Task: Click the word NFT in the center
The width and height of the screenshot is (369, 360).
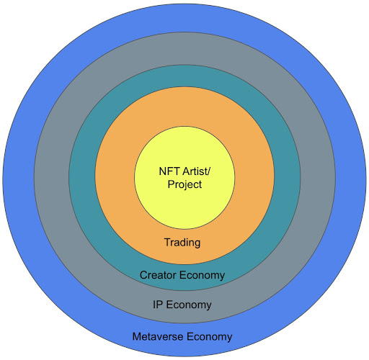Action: click(x=169, y=171)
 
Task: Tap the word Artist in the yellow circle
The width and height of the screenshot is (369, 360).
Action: click(x=195, y=171)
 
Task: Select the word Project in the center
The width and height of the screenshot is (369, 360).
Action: click(x=184, y=185)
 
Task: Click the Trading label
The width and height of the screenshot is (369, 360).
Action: click(x=182, y=243)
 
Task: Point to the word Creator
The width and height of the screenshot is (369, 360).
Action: click(x=158, y=275)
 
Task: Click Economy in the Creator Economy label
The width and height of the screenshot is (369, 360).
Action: click(x=202, y=276)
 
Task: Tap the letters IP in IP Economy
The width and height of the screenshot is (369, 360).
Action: click(x=158, y=305)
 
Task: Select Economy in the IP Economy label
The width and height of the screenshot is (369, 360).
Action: click(x=189, y=305)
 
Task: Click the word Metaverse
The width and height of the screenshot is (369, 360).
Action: click(x=158, y=336)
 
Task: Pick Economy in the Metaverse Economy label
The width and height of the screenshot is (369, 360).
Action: click(x=209, y=337)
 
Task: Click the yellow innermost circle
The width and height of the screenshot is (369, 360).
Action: click(x=184, y=207)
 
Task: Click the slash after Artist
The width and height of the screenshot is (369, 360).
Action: click(x=209, y=171)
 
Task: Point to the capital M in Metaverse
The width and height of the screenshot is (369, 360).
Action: click(x=136, y=336)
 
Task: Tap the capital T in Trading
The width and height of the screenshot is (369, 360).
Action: click(x=167, y=242)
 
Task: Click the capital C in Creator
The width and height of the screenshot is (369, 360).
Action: click(x=143, y=275)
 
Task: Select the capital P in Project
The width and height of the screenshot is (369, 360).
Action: click(x=171, y=184)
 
